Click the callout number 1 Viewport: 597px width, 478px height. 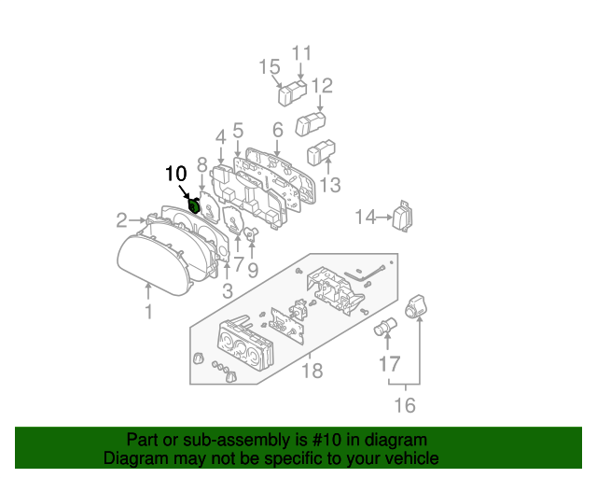tap(148, 312)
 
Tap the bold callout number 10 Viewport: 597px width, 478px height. tap(175, 174)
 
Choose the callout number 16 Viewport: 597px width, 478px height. tap(405, 404)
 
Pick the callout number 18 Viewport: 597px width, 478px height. tap(312, 371)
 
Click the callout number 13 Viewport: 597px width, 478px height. tap(330, 185)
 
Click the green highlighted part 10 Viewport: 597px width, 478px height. tap(195, 205)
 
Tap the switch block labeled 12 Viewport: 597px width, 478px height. tap(310, 121)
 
